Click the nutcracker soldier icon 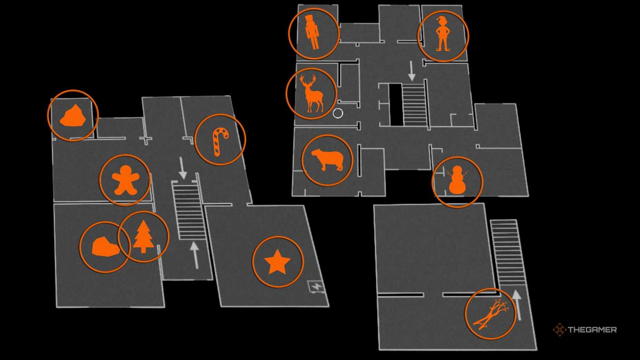(x=312, y=33)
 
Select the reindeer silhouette (x=311, y=95)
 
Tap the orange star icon (x=277, y=262)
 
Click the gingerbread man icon (x=125, y=180)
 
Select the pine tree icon (x=144, y=236)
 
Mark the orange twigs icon (x=490, y=314)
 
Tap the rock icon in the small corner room (x=73, y=116)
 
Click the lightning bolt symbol (x=317, y=287)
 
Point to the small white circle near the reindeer (x=338, y=113)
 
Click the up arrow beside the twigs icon (x=517, y=305)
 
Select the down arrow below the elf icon (x=412, y=71)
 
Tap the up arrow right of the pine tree (x=195, y=254)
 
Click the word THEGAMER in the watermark (x=592, y=330)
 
